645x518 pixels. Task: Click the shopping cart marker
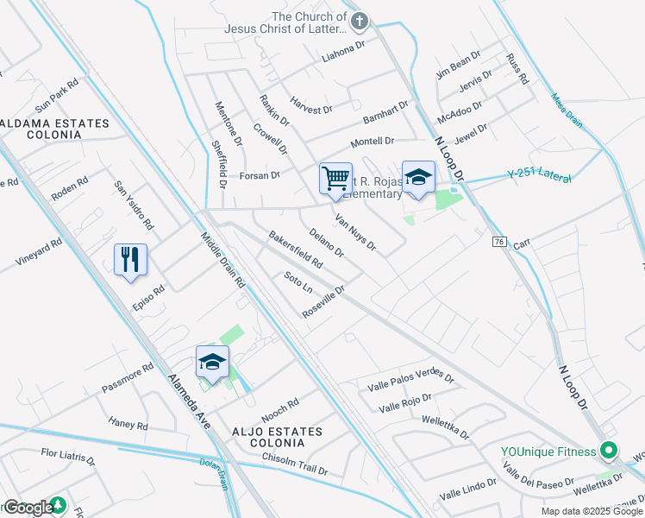click(335, 179)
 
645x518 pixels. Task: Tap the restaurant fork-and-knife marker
click(130, 259)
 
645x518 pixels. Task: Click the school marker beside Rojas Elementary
click(418, 177)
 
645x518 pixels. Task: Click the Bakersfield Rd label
click(295, 249)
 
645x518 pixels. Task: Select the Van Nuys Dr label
click(355, 231)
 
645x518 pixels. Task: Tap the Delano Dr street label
click(327, 242)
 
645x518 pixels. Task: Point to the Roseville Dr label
click(324, 302)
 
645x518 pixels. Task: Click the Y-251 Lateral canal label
click(540, 175)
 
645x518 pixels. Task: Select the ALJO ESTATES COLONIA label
click(265, 436)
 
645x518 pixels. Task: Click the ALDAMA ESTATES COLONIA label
click(55, 129)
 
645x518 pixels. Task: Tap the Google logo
click(28, 508)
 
